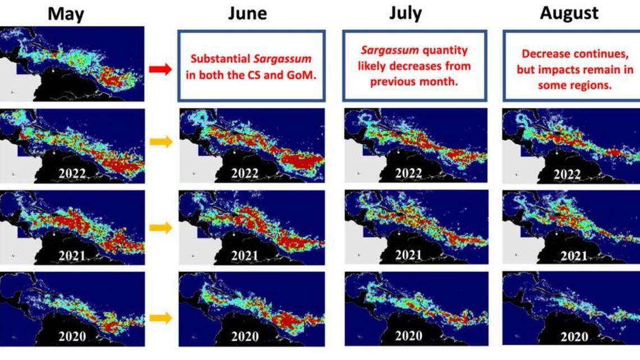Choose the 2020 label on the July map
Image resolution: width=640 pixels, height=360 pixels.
[x=409, y=336]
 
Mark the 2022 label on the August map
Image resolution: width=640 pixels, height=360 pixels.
[x=567, y=175]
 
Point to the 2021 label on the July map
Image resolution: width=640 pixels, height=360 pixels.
[x=408, y=255]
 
